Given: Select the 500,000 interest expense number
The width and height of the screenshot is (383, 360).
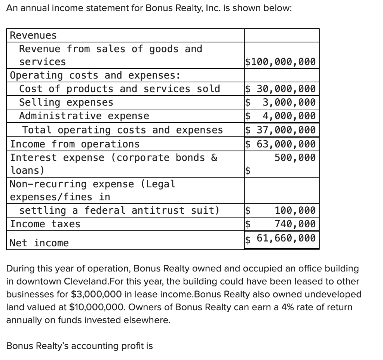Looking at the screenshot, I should point(295,157).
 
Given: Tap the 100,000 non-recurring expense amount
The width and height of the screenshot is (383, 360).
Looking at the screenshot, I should point(295,210).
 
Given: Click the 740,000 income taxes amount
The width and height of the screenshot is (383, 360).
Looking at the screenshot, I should point(295,224).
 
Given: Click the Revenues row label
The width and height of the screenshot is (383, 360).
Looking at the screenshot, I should point(33,36).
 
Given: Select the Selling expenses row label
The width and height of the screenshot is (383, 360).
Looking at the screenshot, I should point(66,102).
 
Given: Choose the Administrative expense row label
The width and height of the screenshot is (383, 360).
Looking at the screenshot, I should point(84,116).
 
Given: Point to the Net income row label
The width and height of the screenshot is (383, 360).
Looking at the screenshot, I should point(39,243).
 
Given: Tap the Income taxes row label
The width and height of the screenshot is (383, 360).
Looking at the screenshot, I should point(45,224).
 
